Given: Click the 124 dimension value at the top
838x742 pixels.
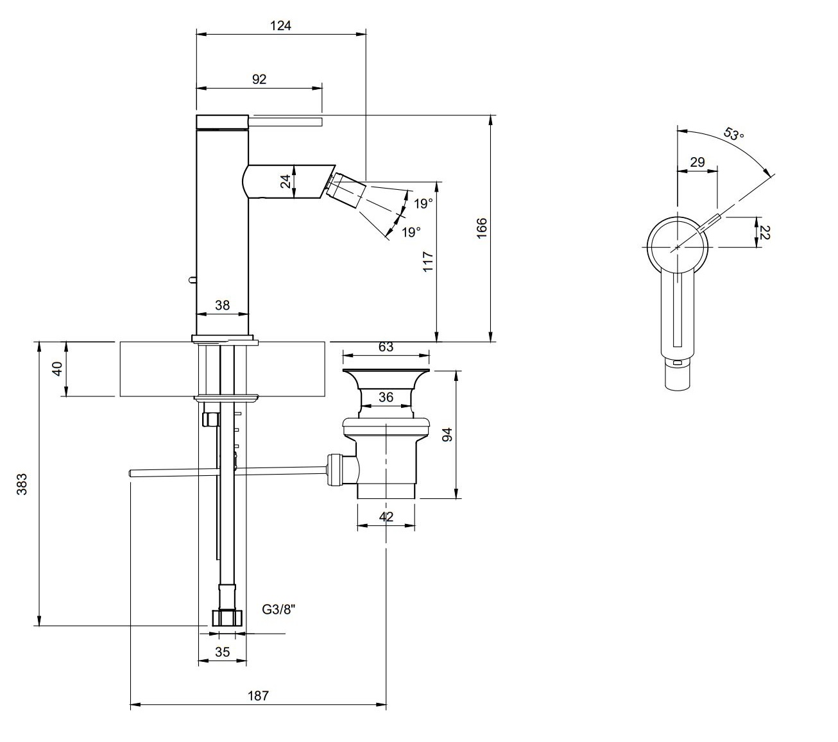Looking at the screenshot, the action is click(280, 26).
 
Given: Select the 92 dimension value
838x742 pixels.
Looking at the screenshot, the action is click(259, 79).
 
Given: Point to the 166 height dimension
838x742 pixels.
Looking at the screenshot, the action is click(482, 228).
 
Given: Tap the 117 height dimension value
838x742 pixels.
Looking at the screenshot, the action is click(428, 261).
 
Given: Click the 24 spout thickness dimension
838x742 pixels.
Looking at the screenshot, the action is click(286, 181).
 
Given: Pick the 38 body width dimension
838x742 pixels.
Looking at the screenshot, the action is click(222, 305).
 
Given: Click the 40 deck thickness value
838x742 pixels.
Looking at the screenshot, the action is click(57, 368).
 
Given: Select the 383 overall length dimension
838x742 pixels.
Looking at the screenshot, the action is click(22, 484).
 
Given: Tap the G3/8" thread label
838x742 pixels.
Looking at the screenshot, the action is click(278, 609).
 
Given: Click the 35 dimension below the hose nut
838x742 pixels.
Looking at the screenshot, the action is click(222, 652).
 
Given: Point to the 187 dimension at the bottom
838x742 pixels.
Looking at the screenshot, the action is click(258, 696).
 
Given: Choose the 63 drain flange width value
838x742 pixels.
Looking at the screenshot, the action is click(386, 346).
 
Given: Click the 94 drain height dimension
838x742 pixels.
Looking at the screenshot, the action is click(447, 435).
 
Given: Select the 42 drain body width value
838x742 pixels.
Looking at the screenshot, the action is click(386, 516).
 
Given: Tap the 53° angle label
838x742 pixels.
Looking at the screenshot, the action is click(734, 134).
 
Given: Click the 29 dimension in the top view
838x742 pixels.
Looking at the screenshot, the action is click(697, 162).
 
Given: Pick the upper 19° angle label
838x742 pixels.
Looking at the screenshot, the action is click(423, 203).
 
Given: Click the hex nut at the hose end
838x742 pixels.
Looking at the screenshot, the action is click(227, 618).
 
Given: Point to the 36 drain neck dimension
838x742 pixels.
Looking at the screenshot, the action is click(386, 397).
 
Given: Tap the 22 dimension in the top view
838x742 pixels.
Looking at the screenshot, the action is click(765, 232).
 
